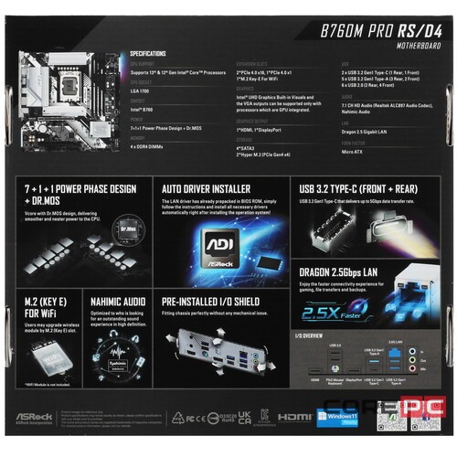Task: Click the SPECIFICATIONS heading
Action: [x=154, y=55]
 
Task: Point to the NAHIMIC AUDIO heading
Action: [x=117, y=299]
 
